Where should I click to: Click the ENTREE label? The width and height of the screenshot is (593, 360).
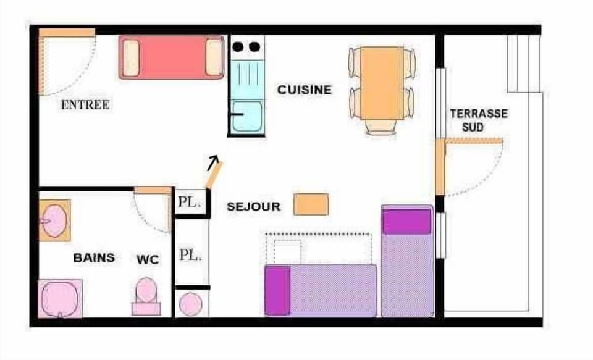tap(85, 105)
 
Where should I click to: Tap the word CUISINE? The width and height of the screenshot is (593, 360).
tap(304, 90)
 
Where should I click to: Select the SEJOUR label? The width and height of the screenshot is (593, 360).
tap(253, 206)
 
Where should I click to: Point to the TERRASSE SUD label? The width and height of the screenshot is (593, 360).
tap(478, 120)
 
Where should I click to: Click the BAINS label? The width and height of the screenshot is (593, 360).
tap(94, 257)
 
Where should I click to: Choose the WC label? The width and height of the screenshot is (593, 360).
tap(148, 260)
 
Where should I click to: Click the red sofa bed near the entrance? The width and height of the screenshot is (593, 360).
tap(171, 57)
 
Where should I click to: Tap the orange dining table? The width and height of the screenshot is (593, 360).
tap(381, 83)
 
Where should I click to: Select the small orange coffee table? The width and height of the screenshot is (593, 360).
tap(311, 204)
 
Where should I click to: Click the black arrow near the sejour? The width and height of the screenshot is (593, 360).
tap(213, 162)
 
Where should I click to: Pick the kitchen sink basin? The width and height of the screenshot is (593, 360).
tap(247, 118)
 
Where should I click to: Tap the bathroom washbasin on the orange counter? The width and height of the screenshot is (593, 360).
tap(54, 220)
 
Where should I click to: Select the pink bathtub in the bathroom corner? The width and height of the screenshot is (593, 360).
tap(60, 298)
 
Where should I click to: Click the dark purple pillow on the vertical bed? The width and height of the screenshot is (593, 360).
tap(406, 221)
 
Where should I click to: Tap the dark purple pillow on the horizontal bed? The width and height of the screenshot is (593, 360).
tap(277, 290)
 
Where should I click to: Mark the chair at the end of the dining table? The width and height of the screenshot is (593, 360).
tap(381, 127)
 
